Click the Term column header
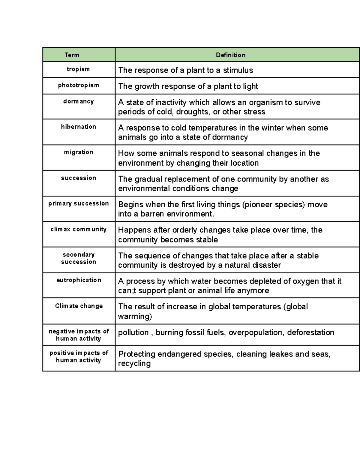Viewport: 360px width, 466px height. pos(72,55)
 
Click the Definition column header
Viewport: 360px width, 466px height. pos(231,55)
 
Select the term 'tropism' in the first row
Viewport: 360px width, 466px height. pos(78,69)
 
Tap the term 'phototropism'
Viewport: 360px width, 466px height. pos(78,86)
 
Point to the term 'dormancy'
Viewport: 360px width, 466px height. pos(78,101)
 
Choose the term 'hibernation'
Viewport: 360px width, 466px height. pos(78,127)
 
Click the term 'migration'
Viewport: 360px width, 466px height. pos(78,152)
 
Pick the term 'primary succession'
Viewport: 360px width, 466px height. pos(78,203)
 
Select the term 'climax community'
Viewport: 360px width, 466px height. pos(78,229)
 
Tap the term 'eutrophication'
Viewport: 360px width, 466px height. pos(79,280)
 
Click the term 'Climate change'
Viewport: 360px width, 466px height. pos(79,306)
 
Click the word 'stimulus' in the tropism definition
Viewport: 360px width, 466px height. pos(238,71)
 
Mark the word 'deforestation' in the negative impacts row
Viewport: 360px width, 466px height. pos(310,332)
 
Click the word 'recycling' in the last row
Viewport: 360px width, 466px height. pos(134,364)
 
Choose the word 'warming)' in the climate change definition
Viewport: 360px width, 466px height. pos(135,317)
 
